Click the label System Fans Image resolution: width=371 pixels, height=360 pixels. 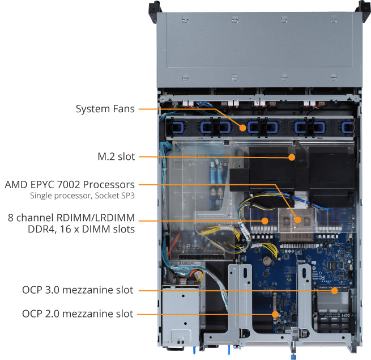click(105, 109)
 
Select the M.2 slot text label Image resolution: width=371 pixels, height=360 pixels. click(115, 156)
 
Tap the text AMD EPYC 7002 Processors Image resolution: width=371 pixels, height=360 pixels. click(70, 185)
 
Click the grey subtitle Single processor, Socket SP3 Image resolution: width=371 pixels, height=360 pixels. click(87, 196)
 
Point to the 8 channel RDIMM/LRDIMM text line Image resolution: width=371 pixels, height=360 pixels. click(71, 218)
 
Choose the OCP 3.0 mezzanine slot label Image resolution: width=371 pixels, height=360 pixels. click(78, 290)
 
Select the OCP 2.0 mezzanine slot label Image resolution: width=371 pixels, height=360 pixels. click(78, 314)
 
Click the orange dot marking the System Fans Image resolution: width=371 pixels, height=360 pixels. click(243, 128)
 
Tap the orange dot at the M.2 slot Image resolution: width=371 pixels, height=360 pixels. click(292, 156)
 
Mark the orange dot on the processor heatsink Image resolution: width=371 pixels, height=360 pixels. click(297, 219)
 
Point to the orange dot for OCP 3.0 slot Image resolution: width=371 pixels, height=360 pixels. click(335, 291)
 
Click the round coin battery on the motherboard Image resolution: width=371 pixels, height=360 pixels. click(265, 261)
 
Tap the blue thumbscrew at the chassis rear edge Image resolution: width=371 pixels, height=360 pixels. click(295, 356)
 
